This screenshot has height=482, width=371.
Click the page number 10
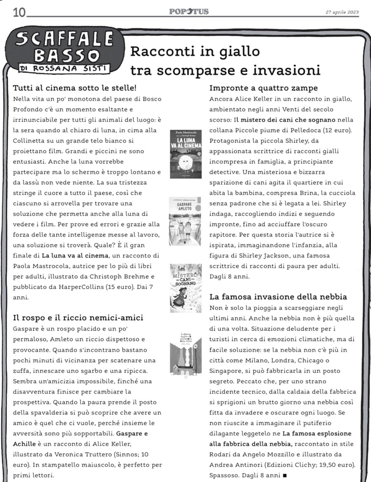click(19, 13)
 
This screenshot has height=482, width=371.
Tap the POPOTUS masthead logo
click(189, 11)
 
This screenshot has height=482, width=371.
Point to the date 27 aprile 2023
click(342, 12)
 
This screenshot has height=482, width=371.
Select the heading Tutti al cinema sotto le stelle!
click(75, 88)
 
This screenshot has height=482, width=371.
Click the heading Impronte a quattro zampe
click(264, 88)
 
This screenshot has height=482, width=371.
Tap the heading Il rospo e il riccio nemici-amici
click(78, 318)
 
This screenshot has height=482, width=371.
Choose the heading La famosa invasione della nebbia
click(278, 297)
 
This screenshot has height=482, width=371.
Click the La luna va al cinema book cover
click(186, 154)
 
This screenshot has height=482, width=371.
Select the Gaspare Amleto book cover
click(185, 221)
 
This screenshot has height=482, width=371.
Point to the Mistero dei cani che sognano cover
click(186, 288)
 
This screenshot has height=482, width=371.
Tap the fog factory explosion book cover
click(186, 354)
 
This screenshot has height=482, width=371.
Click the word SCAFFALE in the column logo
click(65, 39)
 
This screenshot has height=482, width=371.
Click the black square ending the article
click(285, 475)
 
